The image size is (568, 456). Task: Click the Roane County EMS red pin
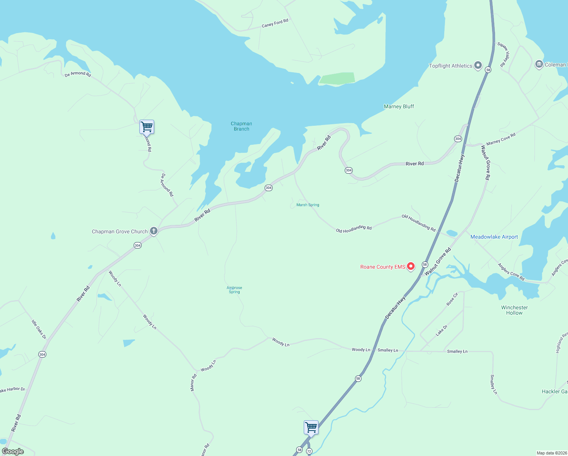coord(410,266)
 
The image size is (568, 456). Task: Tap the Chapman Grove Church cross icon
coord(154,231)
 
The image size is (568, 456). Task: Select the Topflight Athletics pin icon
coord(478,65)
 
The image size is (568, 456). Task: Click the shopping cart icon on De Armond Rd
coord(147,127)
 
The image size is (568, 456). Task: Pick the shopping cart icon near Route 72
coord(311,427)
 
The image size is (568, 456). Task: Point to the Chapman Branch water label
coord(241,126)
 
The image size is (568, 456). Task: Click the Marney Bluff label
coord(399,106)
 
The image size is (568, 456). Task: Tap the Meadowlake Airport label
coord(494,237)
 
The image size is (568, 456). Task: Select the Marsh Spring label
coord(308,205)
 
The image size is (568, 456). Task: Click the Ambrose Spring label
coord(234,290)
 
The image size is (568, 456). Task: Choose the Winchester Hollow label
coord(514,310)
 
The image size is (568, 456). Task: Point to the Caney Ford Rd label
coord(275,23)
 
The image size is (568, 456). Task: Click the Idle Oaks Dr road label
coord(39,329)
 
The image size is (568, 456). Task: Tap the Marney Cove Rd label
coord(501,139)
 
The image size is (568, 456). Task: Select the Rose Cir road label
coord(452,299)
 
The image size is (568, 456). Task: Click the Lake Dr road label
coord(442,330)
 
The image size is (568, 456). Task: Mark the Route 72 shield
coord(309,451)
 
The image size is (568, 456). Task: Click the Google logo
coord(13,451)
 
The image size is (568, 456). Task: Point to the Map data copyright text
coord(551,453)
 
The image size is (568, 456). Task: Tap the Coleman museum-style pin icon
coord(539,64)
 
